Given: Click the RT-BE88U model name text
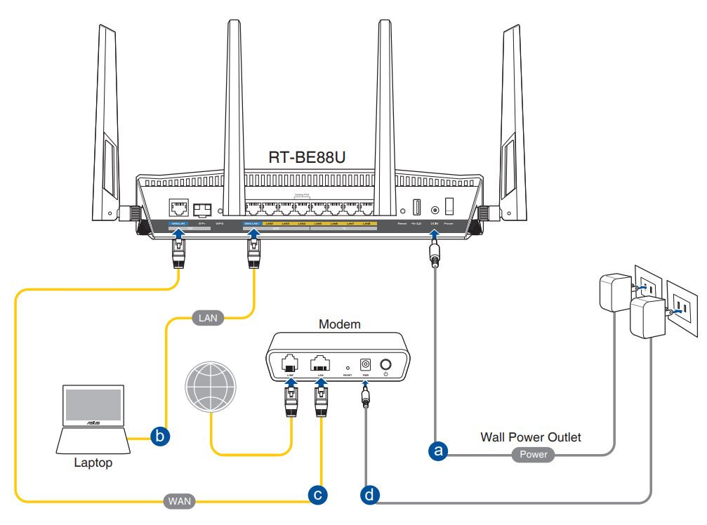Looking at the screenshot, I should click(308, 157).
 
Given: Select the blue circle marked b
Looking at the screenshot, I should click(160, 437).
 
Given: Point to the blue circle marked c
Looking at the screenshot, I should click(318, 495).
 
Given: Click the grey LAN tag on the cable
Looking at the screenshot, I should click(207, 318).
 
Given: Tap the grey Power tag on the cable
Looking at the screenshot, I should click(533, 455).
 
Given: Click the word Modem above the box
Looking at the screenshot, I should click(339, 326).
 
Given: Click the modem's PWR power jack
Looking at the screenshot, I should click(365, 365).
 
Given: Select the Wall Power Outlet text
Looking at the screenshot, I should click(531, 437).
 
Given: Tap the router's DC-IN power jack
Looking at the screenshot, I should click(435, 209).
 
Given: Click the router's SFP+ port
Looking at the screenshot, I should click(204, 208).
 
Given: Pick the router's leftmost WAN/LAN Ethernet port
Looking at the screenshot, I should click(178, 208).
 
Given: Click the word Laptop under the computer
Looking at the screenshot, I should click(94, 463).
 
